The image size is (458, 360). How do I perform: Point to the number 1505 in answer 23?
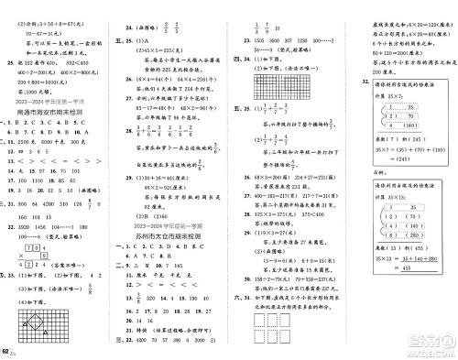[256, 42]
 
